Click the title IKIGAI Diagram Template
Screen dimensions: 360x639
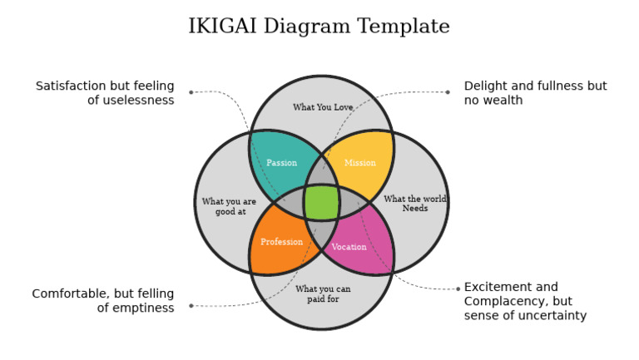point(319,27)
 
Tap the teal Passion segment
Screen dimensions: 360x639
point(282,162)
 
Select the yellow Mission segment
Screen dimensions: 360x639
point(360,162)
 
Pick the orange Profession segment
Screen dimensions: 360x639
point(281,242)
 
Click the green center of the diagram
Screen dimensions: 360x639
point(321,202)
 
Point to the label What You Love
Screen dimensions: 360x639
point(323,107)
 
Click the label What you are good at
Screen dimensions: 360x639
point(229,206)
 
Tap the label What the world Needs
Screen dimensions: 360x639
point(415,204)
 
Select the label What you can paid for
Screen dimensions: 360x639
point(323,293)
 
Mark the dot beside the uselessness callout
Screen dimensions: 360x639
point(191,92)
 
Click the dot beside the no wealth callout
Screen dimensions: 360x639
point(448,92)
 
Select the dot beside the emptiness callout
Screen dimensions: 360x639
point(191,305)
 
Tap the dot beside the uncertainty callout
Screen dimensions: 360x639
point(458,289)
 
